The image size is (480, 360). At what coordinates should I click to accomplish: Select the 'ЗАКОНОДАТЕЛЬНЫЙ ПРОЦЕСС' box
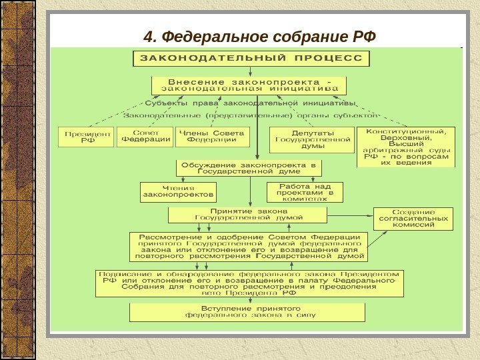pos(251,58)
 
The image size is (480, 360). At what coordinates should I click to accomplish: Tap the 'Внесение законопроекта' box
pos(250,85)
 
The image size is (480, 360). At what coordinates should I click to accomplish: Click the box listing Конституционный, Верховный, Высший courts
pos(406,147)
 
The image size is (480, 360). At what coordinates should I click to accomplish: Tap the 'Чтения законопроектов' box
pos(179,192)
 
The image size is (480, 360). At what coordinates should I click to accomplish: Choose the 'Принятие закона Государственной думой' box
pos(248,215)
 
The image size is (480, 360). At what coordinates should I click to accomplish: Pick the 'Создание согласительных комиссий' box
pos(413,219)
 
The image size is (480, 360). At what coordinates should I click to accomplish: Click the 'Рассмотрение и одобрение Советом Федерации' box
pos(249,247)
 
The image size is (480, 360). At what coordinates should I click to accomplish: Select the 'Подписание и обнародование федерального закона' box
pos(249,283)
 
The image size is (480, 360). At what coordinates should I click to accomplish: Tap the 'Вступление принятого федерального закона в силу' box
pos(247,313)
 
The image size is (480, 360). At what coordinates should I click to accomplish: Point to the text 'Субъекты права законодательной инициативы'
pos(251,103)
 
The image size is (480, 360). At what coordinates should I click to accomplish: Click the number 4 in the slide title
pos(148,35)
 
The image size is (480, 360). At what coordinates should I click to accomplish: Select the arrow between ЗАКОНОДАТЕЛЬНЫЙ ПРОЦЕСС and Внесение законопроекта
pos(250,71)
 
